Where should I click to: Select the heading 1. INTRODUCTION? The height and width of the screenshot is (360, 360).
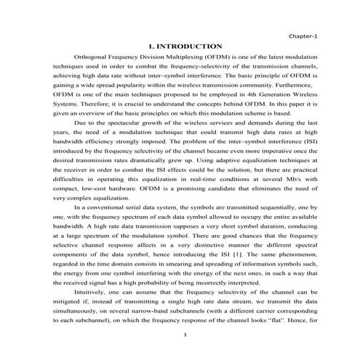[x=185, y=46]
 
